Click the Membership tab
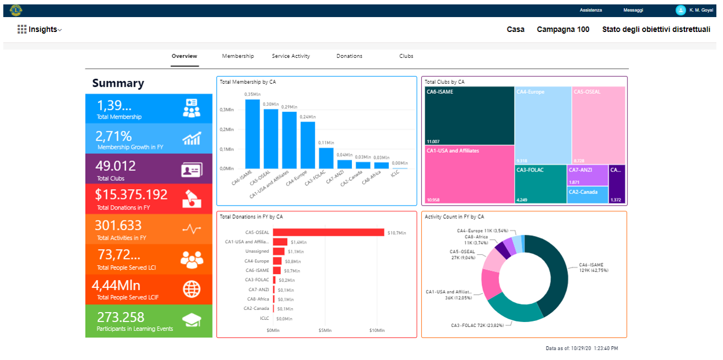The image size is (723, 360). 238,56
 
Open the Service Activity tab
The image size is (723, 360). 291,56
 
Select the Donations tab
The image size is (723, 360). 349,56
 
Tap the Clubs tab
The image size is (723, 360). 406,56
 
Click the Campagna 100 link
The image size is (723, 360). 563,30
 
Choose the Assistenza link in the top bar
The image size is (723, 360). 591,10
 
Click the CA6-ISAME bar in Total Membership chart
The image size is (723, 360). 252,134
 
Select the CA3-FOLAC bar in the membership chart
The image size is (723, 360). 326,158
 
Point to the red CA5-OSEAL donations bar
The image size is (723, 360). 328,232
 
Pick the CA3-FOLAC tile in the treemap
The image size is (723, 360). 540,184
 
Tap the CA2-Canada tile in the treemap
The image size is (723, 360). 587,195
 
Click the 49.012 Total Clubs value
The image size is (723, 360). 115,166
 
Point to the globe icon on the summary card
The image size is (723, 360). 191,289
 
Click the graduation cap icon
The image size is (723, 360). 191,320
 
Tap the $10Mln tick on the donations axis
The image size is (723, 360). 377,331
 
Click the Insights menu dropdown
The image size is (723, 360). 40,30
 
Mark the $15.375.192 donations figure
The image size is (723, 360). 131,195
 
